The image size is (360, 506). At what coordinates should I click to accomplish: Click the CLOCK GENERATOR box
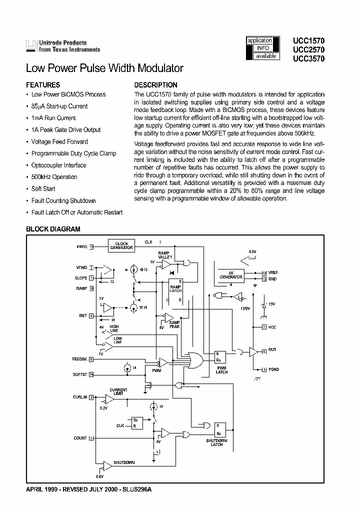[x=121, y=245]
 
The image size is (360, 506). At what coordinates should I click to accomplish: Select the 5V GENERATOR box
[x=231, y=275]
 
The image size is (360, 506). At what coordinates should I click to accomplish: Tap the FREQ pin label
[x=82, y=246]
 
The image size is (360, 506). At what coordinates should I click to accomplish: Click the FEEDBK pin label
[x=79, y=359]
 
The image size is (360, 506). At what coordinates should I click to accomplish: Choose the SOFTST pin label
[x=80, y=373]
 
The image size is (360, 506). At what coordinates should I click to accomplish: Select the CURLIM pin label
[x=80, y=397]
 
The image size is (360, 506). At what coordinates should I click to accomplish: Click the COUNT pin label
[x=80, y=438]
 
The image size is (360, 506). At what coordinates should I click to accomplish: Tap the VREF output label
[x=273, y=272]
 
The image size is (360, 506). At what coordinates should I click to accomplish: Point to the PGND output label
[x=273, y=369]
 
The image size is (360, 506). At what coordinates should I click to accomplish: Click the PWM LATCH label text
[x=221, y=370]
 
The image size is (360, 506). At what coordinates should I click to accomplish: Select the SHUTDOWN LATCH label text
[x=216, y=442]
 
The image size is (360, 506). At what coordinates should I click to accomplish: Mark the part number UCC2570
[x=308, y=49]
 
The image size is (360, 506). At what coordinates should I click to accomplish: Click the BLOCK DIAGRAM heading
[x=53, y=229]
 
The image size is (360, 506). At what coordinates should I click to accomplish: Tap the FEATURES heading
[x=43, y=85]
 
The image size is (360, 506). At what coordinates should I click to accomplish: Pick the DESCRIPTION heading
[x=156, y=85]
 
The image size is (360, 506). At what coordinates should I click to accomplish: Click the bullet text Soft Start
[x=43, y=188]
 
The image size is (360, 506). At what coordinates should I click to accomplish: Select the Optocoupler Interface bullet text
[x=58, y=165]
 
